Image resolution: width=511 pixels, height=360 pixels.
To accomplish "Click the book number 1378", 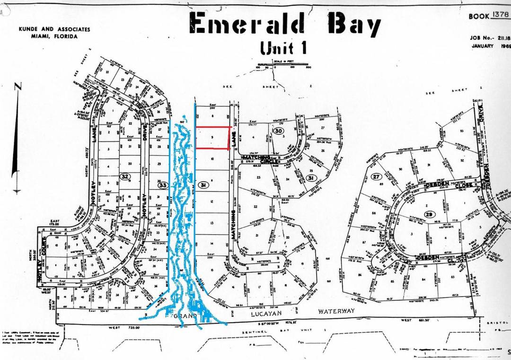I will (x=500, y=15).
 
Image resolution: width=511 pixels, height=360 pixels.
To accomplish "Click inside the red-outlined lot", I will (x=213, y=138).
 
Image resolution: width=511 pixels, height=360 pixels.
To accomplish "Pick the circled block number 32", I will (x=125, y=176).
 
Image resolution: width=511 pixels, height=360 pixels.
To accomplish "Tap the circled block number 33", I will (x=162, y=185).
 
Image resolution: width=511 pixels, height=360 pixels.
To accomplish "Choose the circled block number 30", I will (x=278, y=131).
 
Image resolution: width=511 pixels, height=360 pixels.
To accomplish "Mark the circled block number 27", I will (x=376, y=176).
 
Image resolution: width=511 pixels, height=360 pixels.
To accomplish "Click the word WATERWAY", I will (x=336, y=311).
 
